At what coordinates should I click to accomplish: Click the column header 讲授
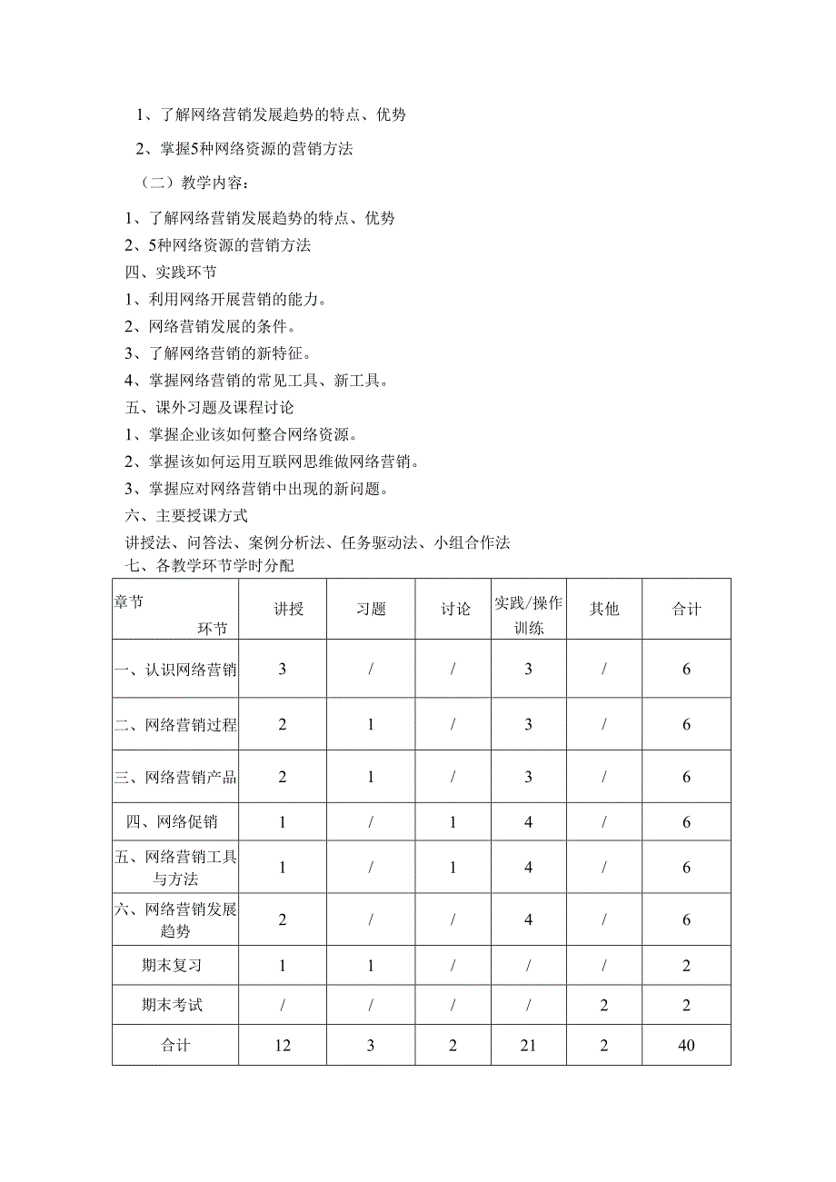[x=283, y=609]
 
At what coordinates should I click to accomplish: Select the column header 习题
[x=371, y=609]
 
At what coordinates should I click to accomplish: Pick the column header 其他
[x=603, y=609]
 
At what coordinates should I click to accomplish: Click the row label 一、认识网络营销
[x=175, y=670]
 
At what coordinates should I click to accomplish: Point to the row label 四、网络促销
[x=175, y=822]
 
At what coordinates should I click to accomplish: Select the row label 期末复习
[x=175, y=966]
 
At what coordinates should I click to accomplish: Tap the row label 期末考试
[x=175, y=1005]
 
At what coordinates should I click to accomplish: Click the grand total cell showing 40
[x=686, y=1045]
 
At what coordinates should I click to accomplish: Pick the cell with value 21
[x=528, y=1045]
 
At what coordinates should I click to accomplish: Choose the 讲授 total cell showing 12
[x=283, y=1045]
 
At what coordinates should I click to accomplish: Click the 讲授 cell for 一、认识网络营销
[x=283, y=670]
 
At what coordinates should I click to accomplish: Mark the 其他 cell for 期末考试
[x=603, y=1005]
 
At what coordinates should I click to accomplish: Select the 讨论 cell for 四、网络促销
[x=455, y=822]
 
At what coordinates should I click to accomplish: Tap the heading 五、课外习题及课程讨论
[x=209, y=407]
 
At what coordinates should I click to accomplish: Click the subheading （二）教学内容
[x=188, y=183]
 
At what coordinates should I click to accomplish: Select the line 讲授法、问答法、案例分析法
[x=317, y=542]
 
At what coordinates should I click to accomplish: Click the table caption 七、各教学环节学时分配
[x=209, y=565]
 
